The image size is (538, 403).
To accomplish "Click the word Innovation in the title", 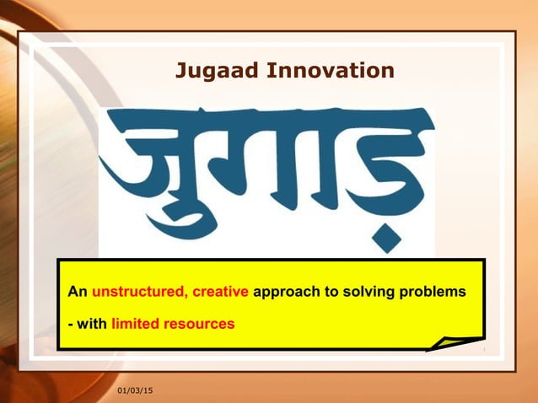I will click(330, 71).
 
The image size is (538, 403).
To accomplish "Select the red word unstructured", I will click(138, 293).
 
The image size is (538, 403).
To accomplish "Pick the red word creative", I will click(220, 293).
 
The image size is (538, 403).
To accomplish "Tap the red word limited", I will click(136, 323).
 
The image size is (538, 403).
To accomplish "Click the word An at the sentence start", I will click(78, 293).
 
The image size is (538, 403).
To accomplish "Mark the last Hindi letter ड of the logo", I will click(384, 169).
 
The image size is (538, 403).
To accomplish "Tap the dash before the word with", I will click(71, 324).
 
